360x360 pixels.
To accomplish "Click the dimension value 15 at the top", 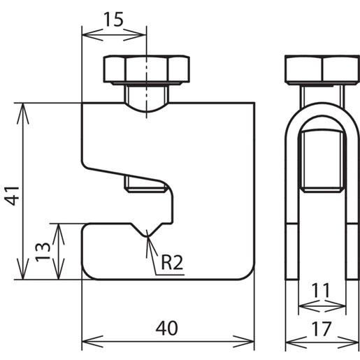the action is click(x=113, y=20).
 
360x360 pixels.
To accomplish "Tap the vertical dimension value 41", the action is click(x=13, y=196).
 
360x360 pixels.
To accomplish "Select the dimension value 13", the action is click(x=43, y=252).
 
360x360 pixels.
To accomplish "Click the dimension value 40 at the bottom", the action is click(x=166, y=329).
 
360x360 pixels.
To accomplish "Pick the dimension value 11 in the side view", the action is click(x=321, y=290).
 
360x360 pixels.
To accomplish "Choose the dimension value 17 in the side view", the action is click(x=321, y=329).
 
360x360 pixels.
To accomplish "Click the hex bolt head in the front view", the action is click(x=147, y=69).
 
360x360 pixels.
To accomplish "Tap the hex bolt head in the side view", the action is click(x=322, y=70).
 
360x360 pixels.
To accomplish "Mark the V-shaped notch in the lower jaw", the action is click(x=147, y=230).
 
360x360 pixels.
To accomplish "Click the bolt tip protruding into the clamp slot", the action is click(x=146, y=186).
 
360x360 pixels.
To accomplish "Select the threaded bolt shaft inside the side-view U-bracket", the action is click(x=322, y=161).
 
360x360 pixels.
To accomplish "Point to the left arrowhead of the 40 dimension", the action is click(x=92, y=342).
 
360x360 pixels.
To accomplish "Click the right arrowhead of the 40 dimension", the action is click(x=243, y=342).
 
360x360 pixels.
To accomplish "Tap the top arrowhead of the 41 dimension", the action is click(x=23, y=113).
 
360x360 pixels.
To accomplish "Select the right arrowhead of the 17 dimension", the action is click(x=348, y=343).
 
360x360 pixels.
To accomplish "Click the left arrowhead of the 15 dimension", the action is click(x=93, y=35).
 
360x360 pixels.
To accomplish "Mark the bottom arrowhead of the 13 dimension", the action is click(x=59, y=268).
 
